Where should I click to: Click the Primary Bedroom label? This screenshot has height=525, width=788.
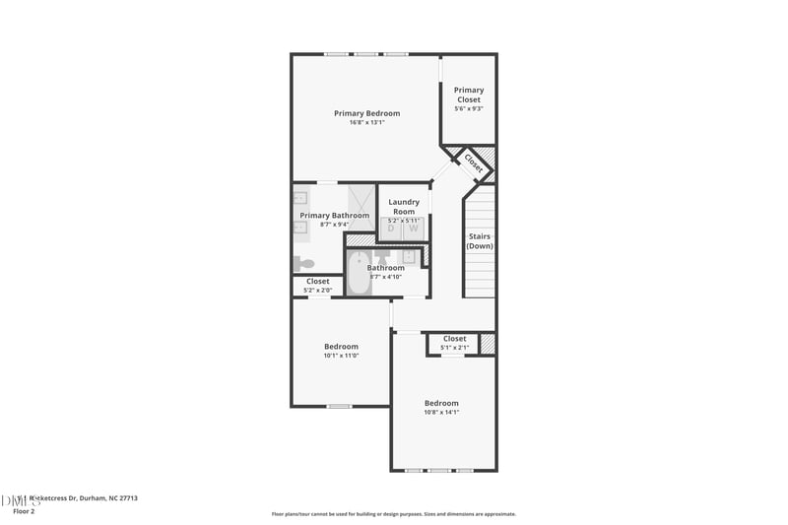(366, 113)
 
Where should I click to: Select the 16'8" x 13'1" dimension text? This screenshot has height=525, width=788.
(366, 123)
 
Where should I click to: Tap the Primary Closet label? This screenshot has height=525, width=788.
(468, 95)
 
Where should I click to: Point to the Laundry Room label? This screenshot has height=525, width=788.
(404, 207)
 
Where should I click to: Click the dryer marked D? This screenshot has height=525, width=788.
(391, 229)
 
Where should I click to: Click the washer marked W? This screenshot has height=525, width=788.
(414, 229)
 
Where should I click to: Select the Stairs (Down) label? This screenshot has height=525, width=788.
(480, 241)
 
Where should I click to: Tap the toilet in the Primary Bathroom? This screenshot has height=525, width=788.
(304, 263)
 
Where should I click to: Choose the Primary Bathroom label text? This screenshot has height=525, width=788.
(334, 216)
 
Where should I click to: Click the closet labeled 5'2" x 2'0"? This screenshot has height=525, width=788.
(317, 286)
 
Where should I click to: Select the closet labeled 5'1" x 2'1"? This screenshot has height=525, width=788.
(454, 343)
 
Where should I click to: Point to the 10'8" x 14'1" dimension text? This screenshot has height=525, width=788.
(441, 413)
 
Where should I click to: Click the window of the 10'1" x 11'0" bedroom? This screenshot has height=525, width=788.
(339, 406)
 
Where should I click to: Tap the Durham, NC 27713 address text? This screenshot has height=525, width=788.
(102, 498)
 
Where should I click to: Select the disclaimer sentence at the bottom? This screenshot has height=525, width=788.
(393, 514)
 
